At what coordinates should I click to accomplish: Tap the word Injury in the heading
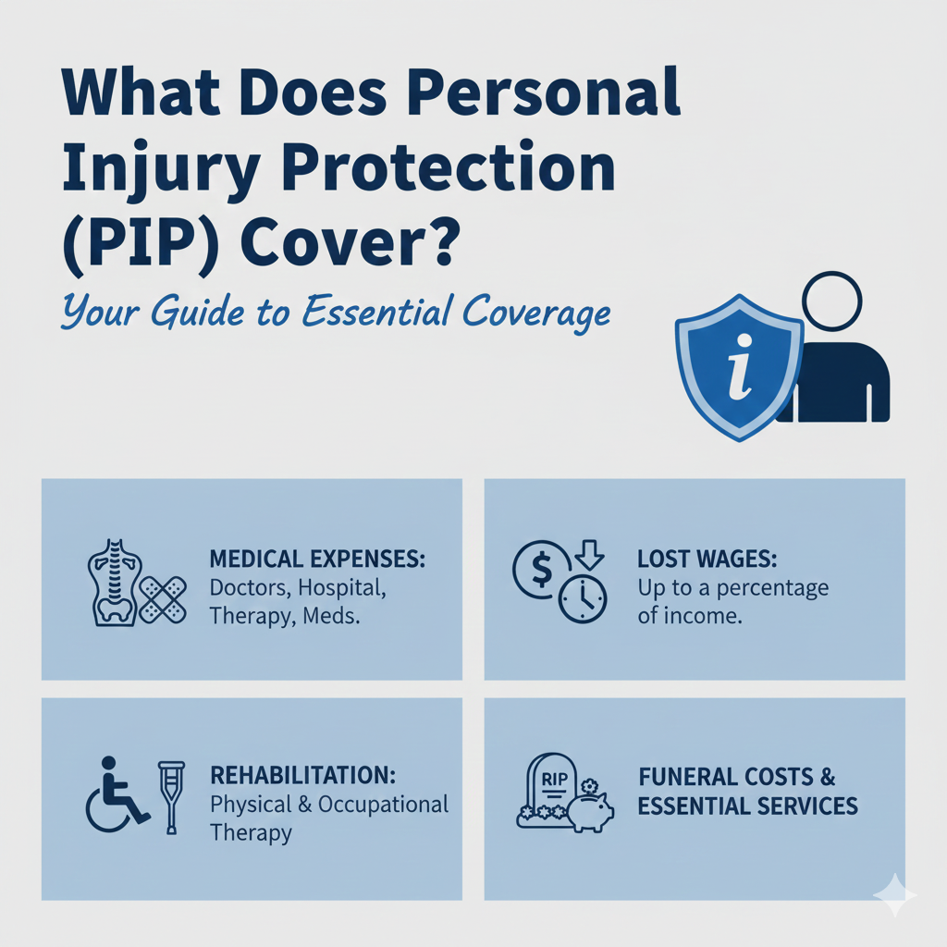[x=161, y=170]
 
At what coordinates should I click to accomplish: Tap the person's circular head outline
[x=831, y=301]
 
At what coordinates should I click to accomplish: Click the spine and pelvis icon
[x=116, y=583]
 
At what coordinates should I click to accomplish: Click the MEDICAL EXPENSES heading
[x=317, y=559]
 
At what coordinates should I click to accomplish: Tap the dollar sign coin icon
[x=540, y=570]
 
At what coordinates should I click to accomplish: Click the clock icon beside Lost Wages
[x=583, y=599]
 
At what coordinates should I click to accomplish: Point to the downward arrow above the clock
[x=589, y=555]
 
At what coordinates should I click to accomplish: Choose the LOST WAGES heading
[x=707, y=559]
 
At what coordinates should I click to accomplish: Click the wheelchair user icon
[x=117, y=793]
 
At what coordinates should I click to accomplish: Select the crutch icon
[x=171, y=797]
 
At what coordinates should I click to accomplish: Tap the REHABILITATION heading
[x=302, y=775]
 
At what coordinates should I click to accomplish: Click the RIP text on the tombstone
[x=554, y=779]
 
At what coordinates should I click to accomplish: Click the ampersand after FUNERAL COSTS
[x=828, y=777]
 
